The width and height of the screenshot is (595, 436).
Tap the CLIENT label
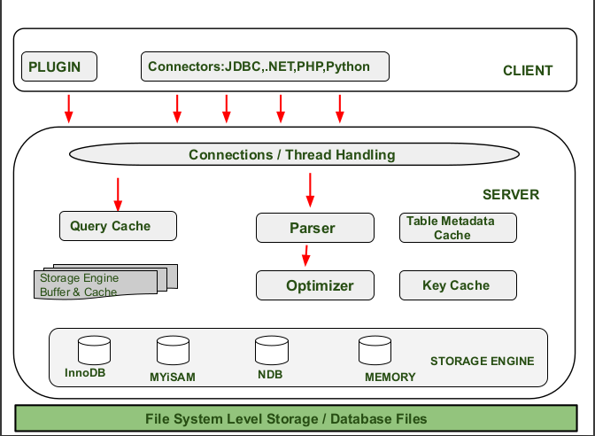pyautogui.click(x=527, y=71)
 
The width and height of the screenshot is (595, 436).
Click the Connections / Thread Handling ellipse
pyautogui.click(x=291, y=155)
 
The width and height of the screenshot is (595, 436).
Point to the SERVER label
pyautogui.click(x=510, y=194)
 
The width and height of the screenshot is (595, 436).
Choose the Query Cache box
pyautogui.click(x=118, y=226)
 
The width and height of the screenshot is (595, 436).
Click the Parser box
pyautogui.click(x=314, y=228)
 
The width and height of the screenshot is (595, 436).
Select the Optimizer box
pyautogui.click(x=314, y=285)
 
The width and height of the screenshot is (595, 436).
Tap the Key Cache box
pyautogui.click(x=457, y=285)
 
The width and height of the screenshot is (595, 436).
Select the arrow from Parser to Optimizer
pyautogui.click(x=305, y=255)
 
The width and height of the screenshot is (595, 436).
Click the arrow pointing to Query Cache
pyautogui.click(x=118, y=192)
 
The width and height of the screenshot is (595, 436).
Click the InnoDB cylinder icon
pyautogui.click(x=94, y=351)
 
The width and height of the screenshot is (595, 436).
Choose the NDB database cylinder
pyautogui.click(x=270, y=351)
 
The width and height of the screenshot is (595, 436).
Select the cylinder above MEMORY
pyautogui.click(x=374, y=351)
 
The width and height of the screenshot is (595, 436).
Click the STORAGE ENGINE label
pyautogui.click(x=482, y=362)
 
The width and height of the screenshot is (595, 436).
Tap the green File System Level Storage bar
pyautogui.click(x=285, y=418)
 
